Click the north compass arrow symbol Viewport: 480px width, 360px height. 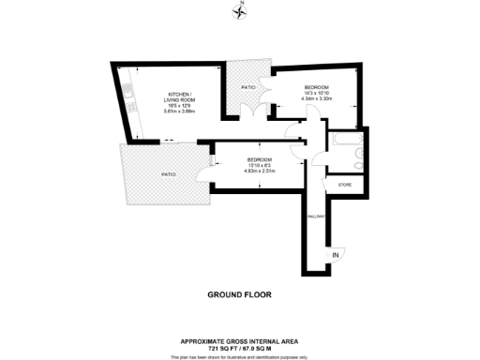(x=239, y=11)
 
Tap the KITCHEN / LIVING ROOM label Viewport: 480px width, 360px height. (x=179, y=97)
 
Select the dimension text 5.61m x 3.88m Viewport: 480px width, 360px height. (x=179, y=112)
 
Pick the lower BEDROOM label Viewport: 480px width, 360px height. (x=259, y=158)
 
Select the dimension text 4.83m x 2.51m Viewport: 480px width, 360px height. (x=259, y=171)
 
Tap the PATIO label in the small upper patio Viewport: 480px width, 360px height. (x=248, y=87)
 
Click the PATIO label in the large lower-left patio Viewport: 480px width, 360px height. (x=167, y=174)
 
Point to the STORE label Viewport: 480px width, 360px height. (x=343, y=186)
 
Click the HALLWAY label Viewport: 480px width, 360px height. (x=315, y=216)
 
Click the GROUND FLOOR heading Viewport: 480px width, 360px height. (x=239, y=293)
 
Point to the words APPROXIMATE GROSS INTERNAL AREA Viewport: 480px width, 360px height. (x=239, y=340)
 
